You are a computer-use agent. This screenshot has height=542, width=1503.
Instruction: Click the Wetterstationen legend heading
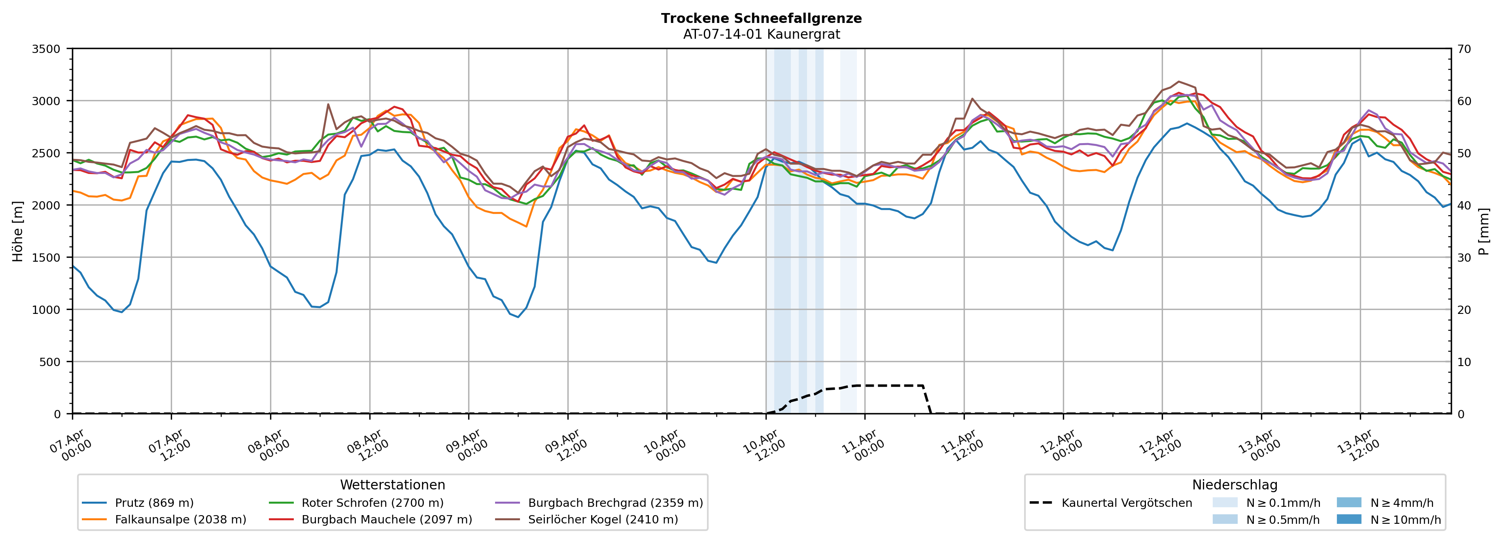click(x=392, y=485)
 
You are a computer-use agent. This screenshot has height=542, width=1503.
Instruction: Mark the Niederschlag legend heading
click(x=1234, y=485)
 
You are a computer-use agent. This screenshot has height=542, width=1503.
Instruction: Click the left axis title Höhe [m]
click(x=18, y=231)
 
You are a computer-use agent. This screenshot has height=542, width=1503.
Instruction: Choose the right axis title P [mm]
click(x=1484, y=231)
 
